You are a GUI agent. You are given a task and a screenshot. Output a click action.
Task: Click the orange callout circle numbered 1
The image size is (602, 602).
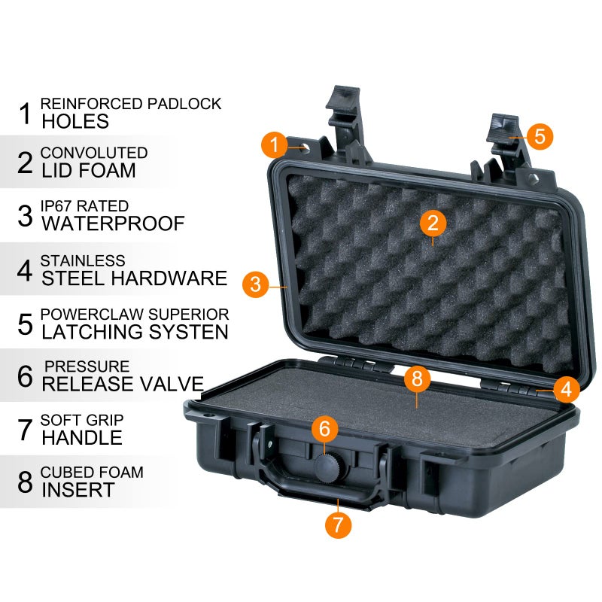(x=275, y=144)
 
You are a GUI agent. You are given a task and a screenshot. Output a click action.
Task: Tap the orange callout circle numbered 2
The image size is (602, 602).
(x=433, y=223)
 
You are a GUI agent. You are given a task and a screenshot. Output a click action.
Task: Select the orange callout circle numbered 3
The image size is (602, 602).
(x=256, y=284)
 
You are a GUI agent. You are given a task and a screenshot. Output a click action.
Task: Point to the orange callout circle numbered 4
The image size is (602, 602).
(x=566, y=389)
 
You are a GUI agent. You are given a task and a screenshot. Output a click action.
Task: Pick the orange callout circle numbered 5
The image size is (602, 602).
(x=540, y=136)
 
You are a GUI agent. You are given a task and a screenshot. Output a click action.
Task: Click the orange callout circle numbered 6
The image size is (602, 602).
(x=324, y=430)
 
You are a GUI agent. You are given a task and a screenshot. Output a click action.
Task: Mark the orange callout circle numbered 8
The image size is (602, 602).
(x=417, y=379)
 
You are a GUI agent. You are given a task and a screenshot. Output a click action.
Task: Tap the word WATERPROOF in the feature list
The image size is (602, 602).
(x=113, y=224)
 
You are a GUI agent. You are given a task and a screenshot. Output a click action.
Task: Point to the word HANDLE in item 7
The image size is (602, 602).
(x=81, y=437)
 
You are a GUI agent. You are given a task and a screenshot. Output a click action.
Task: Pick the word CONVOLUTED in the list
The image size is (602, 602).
(x=94, y=153)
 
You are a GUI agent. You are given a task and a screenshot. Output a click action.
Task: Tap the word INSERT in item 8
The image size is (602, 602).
(x=78, y=490)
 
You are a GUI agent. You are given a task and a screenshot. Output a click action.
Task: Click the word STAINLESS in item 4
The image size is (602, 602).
(x=82, y=260)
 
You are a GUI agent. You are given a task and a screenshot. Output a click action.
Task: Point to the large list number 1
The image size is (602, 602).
(x=25, y=113)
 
